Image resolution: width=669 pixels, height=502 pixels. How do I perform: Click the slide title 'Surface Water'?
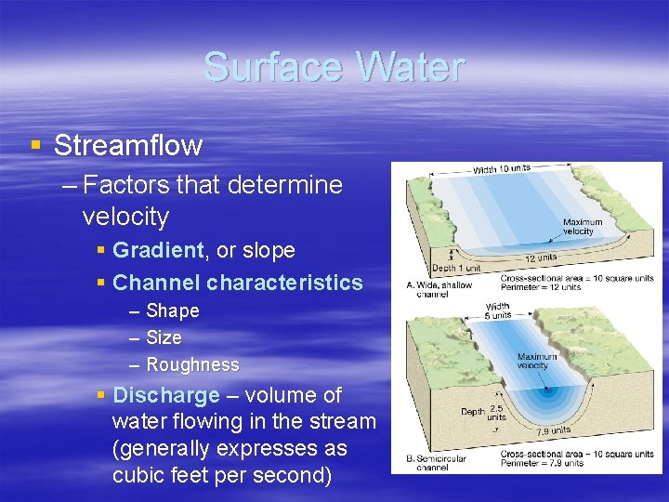coord(334,68)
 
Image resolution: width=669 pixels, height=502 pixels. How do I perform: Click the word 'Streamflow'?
coord(128,145)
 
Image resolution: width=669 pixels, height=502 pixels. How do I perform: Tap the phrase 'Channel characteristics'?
coord(237,283)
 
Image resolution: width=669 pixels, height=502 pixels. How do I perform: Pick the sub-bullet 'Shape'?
coord(173,310)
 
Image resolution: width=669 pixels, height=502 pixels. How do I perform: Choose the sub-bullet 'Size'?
coord(164,337)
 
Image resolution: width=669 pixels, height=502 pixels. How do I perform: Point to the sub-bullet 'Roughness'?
coord(192,364)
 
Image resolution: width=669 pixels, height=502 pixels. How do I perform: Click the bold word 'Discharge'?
coord(165,395)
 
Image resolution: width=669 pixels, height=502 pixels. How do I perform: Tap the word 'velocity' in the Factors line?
coord(125,217)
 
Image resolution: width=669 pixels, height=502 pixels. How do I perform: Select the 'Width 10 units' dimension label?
coord(502,168)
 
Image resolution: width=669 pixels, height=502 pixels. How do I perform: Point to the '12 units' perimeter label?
coord(543,258)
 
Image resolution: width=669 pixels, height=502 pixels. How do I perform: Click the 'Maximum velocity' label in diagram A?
coord(583,226)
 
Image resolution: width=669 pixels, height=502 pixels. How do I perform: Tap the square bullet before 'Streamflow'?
coord(35,145)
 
